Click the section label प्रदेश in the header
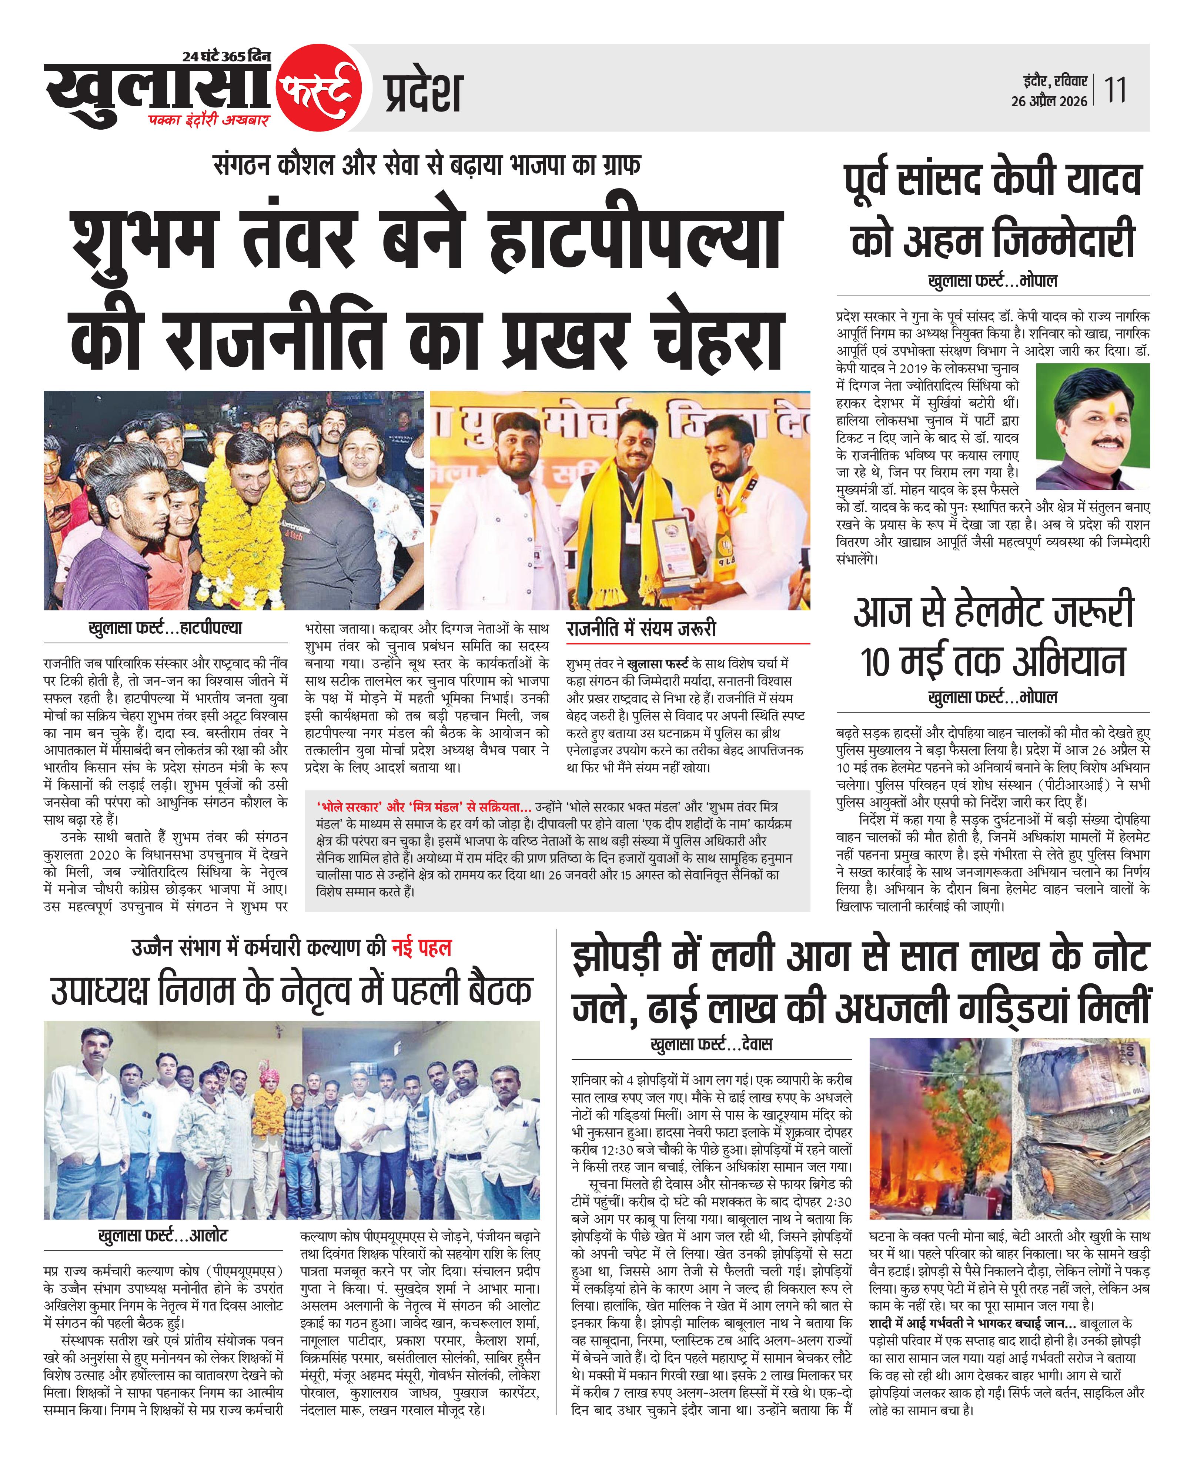click(422, 93)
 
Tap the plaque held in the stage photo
click(672, 550)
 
